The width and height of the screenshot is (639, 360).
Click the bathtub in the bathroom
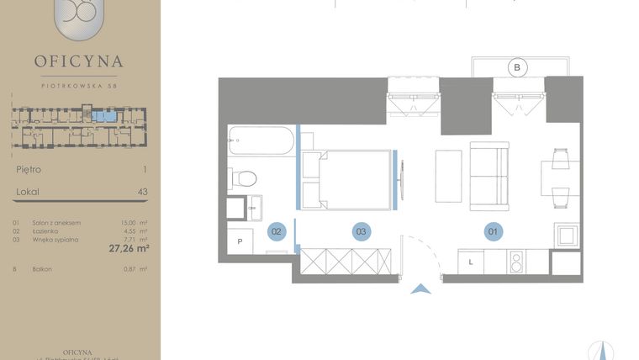pyautogui.click(x=261, y=140)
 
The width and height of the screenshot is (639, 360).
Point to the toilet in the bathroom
pyautogui.click(x=245, y=178)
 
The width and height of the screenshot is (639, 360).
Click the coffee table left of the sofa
pyautogui.click(x=448, y=174)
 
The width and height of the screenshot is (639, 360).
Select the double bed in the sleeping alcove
pyautogui.click(x=348, y=179)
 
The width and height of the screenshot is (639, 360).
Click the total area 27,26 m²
pyautogui.click(x=129, y=248)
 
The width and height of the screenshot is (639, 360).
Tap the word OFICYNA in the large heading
pyautogui.click(x=79, y=61)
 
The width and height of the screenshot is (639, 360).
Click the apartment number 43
pyautogui.click(x=142, y=192)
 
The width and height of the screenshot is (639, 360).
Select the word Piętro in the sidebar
pyautogui.click(x=29, y=169)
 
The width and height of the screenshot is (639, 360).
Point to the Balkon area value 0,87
pyautogui.click(x=129, y=269)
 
